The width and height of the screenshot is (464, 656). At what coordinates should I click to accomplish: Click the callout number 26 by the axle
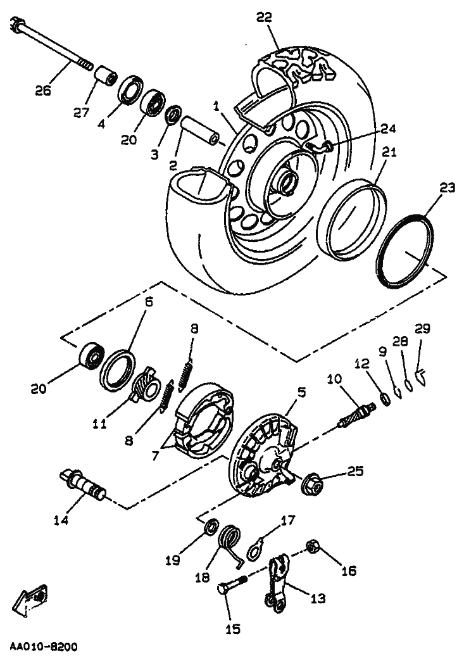(x=43, y=90)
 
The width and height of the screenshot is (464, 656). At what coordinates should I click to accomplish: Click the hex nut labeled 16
(x=312, y=548)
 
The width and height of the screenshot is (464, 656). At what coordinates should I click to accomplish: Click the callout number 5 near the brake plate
(x=302, y=392)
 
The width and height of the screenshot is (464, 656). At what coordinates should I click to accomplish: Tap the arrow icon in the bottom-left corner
(x=32, y=598)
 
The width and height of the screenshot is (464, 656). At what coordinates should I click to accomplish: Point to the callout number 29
(x=422, y=328)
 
